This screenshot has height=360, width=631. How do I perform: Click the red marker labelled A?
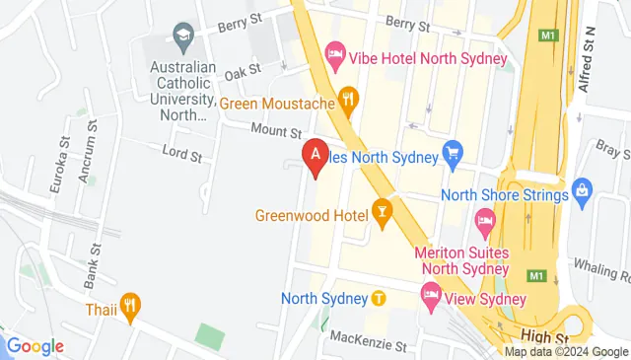[315, 156]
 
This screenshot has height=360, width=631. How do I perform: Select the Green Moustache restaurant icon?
[347, 97]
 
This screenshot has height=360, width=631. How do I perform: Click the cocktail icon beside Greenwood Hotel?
[382, 212]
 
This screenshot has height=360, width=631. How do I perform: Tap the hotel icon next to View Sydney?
[431, 294]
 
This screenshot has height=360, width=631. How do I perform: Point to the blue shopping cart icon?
[454, 152]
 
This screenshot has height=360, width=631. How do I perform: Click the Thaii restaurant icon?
[130, 303]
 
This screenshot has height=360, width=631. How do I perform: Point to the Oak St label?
[242, 70]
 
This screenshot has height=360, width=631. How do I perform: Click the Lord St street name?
[181, 155]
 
